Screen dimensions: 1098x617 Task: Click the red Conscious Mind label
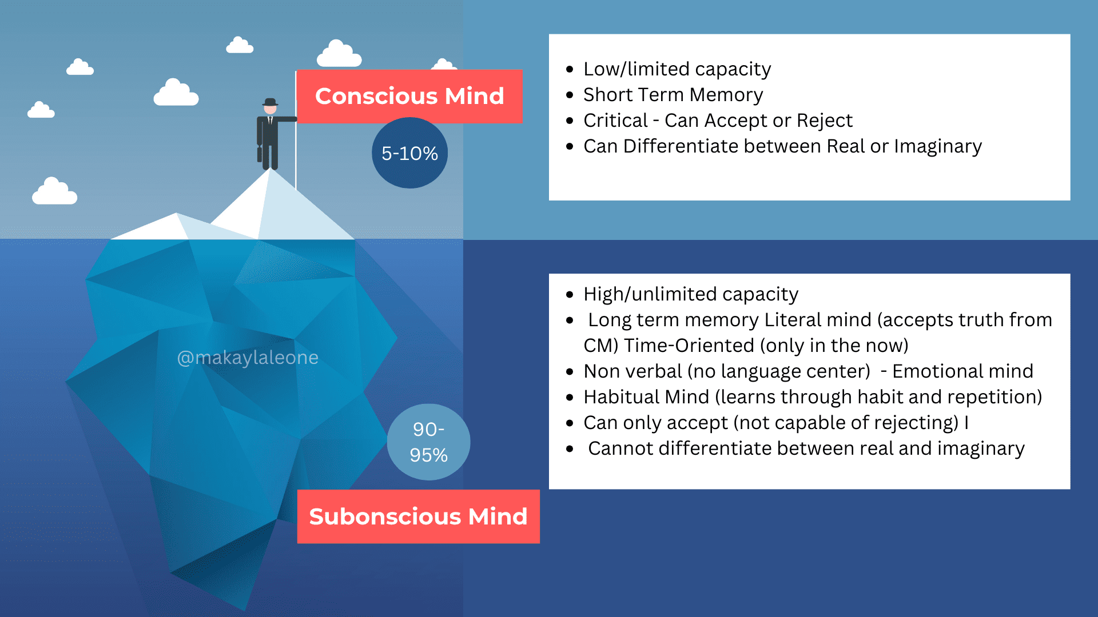pos(409,96)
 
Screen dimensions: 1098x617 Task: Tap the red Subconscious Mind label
pos(418,516)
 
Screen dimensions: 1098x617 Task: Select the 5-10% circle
pos(409,153)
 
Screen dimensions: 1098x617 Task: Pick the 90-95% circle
pos(428,442)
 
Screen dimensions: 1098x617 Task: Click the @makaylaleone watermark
pos(248,358)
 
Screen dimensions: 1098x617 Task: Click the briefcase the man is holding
pos(260,154)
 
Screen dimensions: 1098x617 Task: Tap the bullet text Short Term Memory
pos(673,95)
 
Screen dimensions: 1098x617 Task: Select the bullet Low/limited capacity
pos(677,69)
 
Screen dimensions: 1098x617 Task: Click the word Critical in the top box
pos(615,121)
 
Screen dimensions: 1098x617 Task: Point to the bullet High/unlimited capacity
pos(691,294)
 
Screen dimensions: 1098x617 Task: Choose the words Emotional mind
pos(962,371)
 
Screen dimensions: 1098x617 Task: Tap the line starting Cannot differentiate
pos(806,449)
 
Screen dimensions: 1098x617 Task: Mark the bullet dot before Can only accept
pos(570,423)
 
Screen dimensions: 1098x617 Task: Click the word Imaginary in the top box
pos(938,147)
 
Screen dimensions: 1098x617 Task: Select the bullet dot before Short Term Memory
pos(570,95)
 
